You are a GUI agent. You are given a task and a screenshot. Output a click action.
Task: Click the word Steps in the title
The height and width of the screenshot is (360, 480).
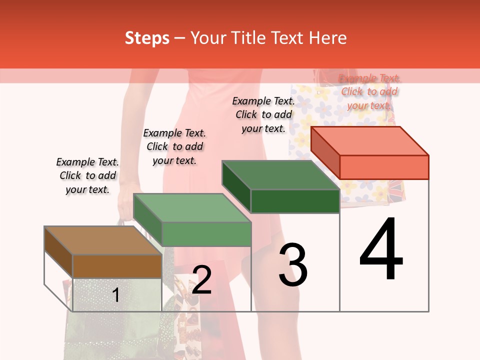click(x=147, y=38)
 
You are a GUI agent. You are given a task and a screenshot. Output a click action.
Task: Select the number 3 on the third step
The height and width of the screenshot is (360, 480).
click(x=293, y=265)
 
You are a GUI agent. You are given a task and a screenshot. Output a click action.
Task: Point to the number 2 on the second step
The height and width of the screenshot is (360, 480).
click(x=201, y=280)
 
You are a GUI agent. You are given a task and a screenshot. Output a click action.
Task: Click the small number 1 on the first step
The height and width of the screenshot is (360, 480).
click(x=115, y=295)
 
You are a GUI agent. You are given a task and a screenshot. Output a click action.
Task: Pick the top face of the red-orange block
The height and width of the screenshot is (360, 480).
click(x=370, y=141)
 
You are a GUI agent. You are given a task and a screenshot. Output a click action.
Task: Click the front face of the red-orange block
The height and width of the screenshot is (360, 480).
click(x=384, y=167)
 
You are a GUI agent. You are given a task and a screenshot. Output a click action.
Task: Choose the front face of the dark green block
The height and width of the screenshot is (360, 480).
click(x=295, y=201)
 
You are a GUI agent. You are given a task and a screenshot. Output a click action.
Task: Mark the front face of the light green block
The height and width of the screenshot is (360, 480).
click(x=206, y=234)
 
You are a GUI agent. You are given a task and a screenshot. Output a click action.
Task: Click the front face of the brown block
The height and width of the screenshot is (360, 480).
click(x=117, y=266)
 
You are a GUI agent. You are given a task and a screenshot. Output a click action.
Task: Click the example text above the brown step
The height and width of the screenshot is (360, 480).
click(x=87, y=175)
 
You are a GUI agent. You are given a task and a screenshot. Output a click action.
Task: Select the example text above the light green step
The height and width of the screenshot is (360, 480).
click(x=174, y=146)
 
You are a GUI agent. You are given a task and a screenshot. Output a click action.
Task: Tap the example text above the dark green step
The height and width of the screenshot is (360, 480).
click(x=263, y=114)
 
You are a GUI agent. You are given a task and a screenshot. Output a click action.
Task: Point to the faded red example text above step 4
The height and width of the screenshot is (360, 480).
click(x=369, y=91)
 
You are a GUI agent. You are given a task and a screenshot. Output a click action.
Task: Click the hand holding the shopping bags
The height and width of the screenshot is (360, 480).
click(x=125, y=205)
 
